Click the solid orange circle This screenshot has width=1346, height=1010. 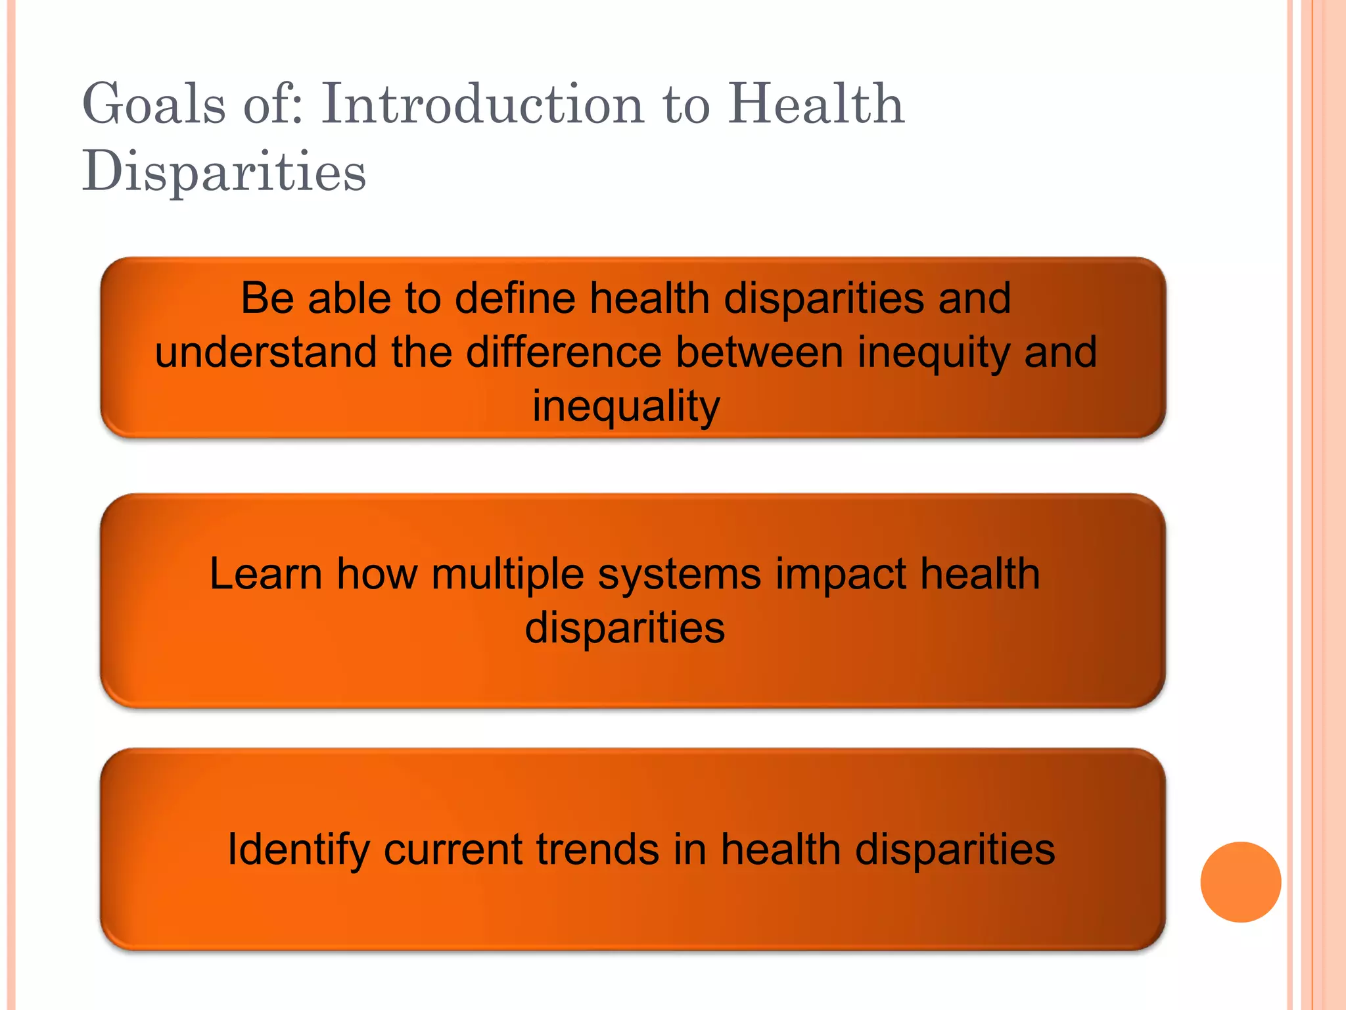click(1240, 882)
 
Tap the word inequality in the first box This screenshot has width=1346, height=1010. click(626, 406)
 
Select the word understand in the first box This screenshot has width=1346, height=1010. click(266, 352)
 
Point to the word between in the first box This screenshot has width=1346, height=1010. click(759, 352)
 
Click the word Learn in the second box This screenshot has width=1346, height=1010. click(266, 574)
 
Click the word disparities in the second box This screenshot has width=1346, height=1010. click(624, 628)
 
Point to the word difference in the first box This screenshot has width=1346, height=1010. click(563, 352)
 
